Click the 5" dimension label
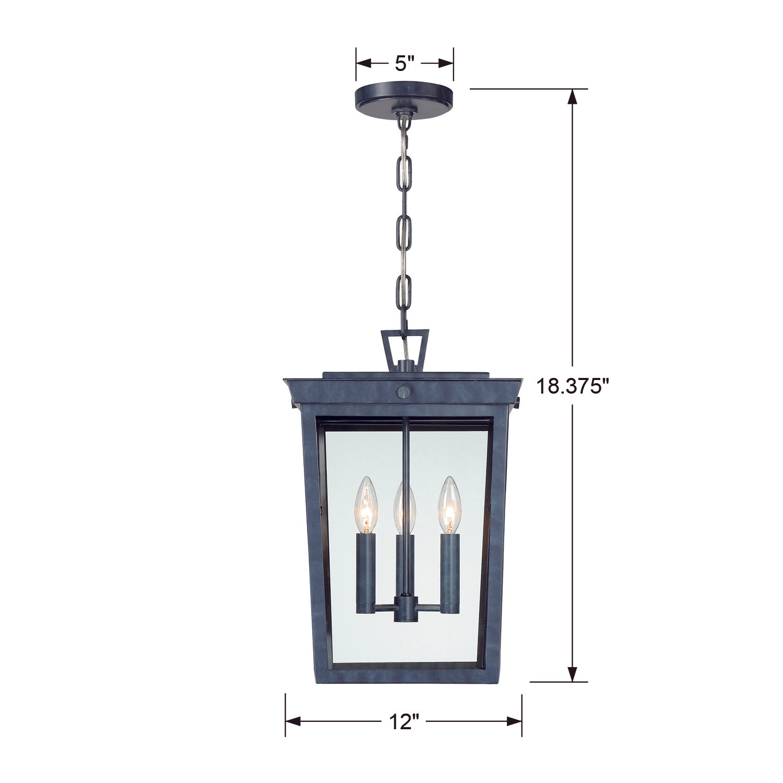click(405, 64)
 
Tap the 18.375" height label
click(573, 386)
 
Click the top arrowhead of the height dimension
click(573, 97)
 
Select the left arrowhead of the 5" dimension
click(363, 64)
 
